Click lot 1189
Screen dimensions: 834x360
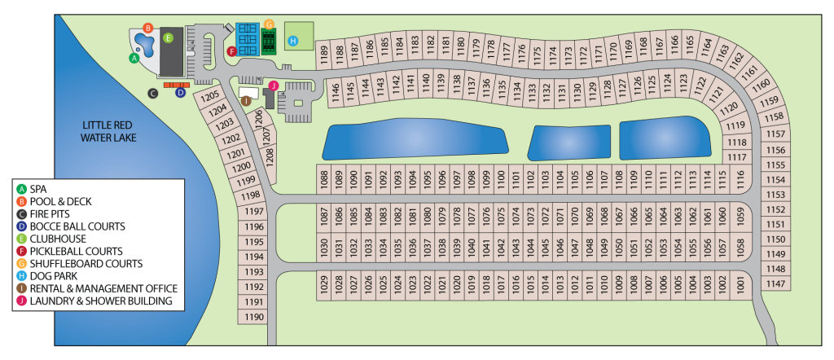(x=323, y=55)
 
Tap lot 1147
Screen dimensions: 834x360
(x=776, y=283)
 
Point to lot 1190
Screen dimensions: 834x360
(x=255, y=317)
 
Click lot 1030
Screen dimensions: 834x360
(x=323, y=246)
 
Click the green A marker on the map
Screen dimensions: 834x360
(x=134, y=58)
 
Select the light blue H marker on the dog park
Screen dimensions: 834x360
(x=294, y=39)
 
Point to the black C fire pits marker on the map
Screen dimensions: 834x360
(x=152, y=93)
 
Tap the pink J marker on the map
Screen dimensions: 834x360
(x=274, y=85)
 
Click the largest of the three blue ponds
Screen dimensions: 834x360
(x=414, y=141)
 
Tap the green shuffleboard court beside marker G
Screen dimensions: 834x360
(x=270, y=39)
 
